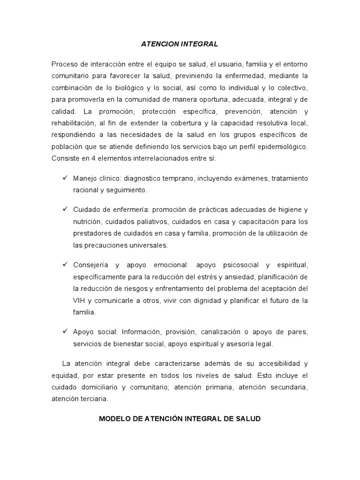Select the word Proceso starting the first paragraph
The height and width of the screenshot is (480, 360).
click(64, 64)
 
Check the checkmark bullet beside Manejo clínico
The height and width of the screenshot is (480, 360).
click(65, 178)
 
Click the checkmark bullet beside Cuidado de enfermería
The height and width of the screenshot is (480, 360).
click(65, 209)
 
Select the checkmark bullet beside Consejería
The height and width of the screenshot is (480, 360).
click(65, 264)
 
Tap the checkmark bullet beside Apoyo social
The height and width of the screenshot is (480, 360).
click(65, 332)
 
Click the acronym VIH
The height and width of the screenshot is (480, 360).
click(79, 300)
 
